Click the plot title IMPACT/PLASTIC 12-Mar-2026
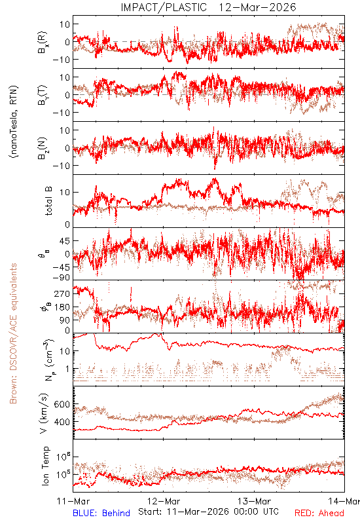pyautogui.click(x=208, y=7)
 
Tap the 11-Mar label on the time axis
pyautogui.click(x=73, y=501)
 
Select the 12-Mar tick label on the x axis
pyautogui.click(x=164, y=501)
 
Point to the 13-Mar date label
pyautogui.click(x=254, y=501)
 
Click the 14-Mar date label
pyautogui.click(x=344, y=501)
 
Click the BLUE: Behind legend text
pyautogui.click(x=101, y=513)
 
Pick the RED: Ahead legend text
pyautogui.click(x=319, y=513)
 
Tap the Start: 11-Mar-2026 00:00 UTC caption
pyautogui.click(x=208, y=512)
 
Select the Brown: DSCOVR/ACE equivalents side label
pyautogui.click(x=13, y=333)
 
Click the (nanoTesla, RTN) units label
pyautogui.click(x=14, y=122)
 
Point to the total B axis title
pyautogui.click(x=48, y=201)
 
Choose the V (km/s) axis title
pyautogui.click(x=44, y=414)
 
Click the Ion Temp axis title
pyautogui.click(x=45, y=466)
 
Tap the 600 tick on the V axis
pyautogui.click(x=62, y=404)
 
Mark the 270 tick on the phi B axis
pyautogui.click(x=62, y=293)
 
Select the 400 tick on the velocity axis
pyautogui.click(x=62, y=422)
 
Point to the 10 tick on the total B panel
pyautogui.click(x=65, y=193)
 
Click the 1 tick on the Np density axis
pyautogui.click(x=68, y=369)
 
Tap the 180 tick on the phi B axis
pyautogui.click(x=62, y=307)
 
